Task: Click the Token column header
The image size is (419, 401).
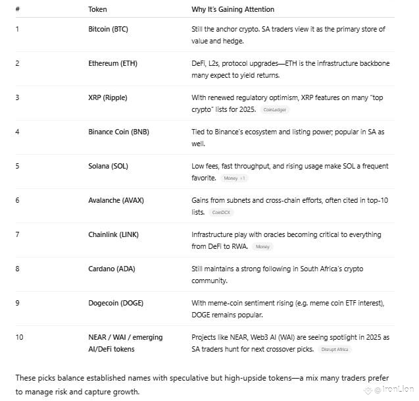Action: click(x=97, y=9)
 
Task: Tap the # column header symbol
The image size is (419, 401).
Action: click(x=18, y=9)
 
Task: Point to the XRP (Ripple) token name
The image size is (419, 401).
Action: click(x=108, y=97)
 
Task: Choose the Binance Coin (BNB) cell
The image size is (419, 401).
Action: click(x=118, y=132)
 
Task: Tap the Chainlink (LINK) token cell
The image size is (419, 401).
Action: click(x=113, y=234)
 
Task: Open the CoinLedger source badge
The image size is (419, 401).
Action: click(x=275, y=109)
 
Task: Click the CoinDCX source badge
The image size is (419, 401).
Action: click(x=222, y=213)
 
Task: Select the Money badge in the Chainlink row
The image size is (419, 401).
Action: click(x=262, y=246)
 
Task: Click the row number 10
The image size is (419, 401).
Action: click(x=19, y=337)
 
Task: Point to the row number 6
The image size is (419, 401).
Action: click(x=17, y=200)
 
